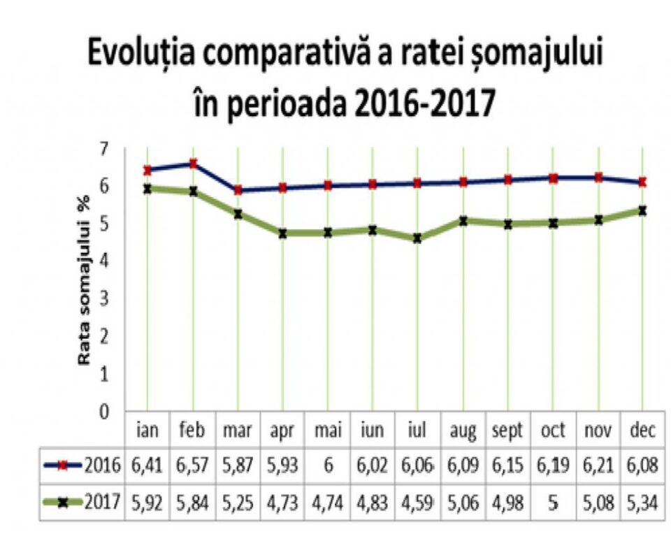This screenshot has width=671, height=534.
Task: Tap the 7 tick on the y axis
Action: (x=105, y=149)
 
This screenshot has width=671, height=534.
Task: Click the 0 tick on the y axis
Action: (x=105, y=412)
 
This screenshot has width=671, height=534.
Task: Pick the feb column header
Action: (x=192, y=431)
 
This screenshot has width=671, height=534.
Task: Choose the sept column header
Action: (x=507, y=431)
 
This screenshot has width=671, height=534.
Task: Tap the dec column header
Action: (x=642, y=431)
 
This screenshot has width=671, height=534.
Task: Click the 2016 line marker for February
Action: (x=193, y=164)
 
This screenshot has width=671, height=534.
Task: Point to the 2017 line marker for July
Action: (x=417, y=238)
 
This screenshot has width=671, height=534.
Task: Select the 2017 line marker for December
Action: (x=642, y=210)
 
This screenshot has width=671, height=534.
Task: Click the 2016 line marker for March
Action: (x=238, y=190)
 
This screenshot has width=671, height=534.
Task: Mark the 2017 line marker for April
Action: (x=282, y=233)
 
